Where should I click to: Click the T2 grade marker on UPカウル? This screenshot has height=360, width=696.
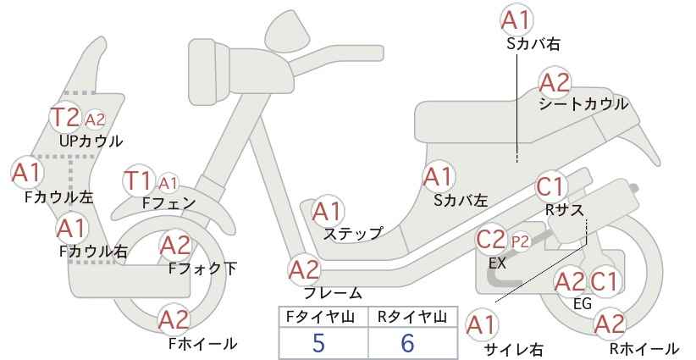[66, 117]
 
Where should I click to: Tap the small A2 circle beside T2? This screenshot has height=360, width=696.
[95, 119]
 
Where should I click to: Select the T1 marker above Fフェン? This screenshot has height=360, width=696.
[138, 180]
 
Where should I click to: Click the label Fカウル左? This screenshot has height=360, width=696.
[59, 197]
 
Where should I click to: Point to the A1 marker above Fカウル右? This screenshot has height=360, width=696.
[71, 229]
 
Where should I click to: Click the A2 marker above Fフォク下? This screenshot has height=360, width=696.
[175, 246]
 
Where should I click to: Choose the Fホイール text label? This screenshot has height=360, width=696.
[203, 344]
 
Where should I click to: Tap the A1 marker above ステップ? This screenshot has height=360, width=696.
[327, 211]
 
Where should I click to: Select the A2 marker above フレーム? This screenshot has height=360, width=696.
[304, 270]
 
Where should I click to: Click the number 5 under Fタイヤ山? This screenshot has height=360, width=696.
[318, 343]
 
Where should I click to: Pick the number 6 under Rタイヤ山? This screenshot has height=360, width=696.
[407, 343]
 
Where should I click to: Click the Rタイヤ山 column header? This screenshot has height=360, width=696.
[412, 317]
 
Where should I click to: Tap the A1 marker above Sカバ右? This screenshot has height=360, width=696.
[516, 20]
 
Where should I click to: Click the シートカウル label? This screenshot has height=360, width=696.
[583, 104]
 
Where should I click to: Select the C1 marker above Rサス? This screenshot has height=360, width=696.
[550, 187]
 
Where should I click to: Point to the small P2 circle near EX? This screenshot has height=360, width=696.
[520, 241]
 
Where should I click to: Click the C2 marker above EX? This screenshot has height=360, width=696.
[491, 240]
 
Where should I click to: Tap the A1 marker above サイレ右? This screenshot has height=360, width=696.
[482, 325]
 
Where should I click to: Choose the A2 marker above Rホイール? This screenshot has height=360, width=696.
[610, 324]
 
